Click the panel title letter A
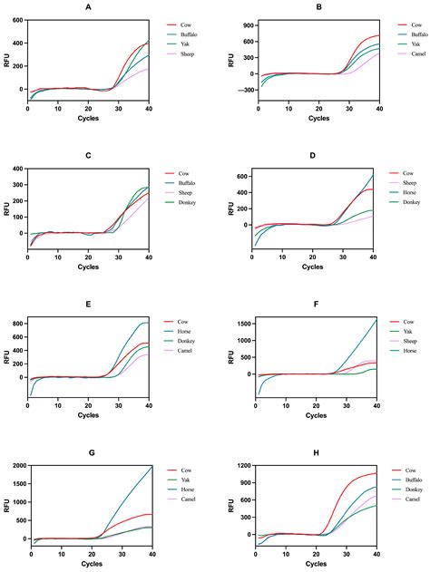tap(88, 7)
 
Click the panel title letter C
tap(88, 154)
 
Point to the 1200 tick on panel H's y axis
tap(235, 466)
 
